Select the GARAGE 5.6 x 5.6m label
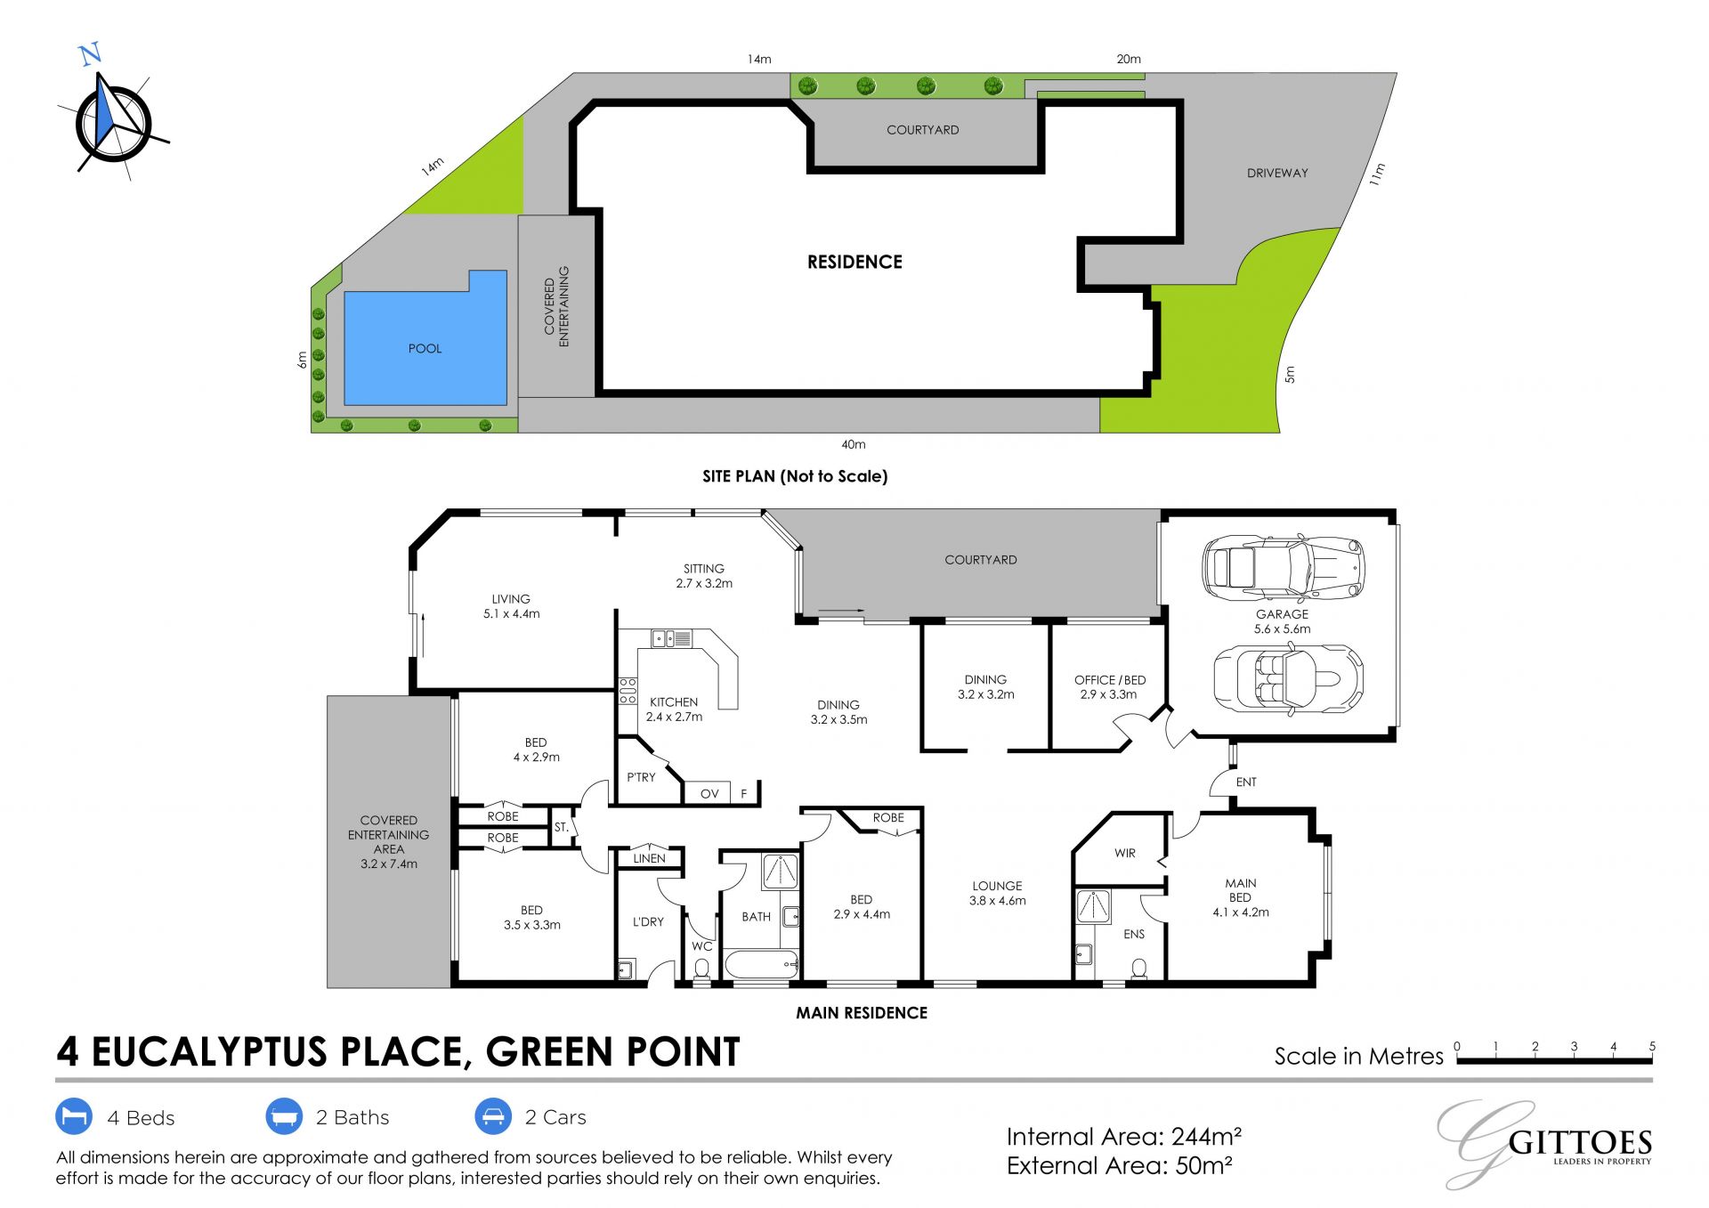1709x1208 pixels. click(1282, 621)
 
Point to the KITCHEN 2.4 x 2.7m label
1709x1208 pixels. click(674, 709)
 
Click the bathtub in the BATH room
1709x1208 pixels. click(762, 964)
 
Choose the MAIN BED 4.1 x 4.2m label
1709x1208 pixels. click(1241, 897)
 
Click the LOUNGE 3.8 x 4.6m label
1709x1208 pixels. click(997, 893)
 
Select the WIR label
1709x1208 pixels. click(1125, 853)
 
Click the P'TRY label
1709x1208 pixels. click(641, 777)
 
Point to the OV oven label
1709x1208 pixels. click(709, 794)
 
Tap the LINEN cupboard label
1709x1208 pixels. click(649, 858)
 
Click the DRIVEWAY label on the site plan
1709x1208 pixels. click(1277, 173)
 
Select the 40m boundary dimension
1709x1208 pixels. click(853, 444)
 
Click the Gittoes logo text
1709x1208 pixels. click(1580, 1143)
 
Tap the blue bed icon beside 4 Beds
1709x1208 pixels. click(74, 1116)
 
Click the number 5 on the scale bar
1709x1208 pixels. click(1652, 1047)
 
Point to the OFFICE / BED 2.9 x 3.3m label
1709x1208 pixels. click(1109, 686)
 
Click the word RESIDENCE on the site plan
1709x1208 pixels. click(854, 262)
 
